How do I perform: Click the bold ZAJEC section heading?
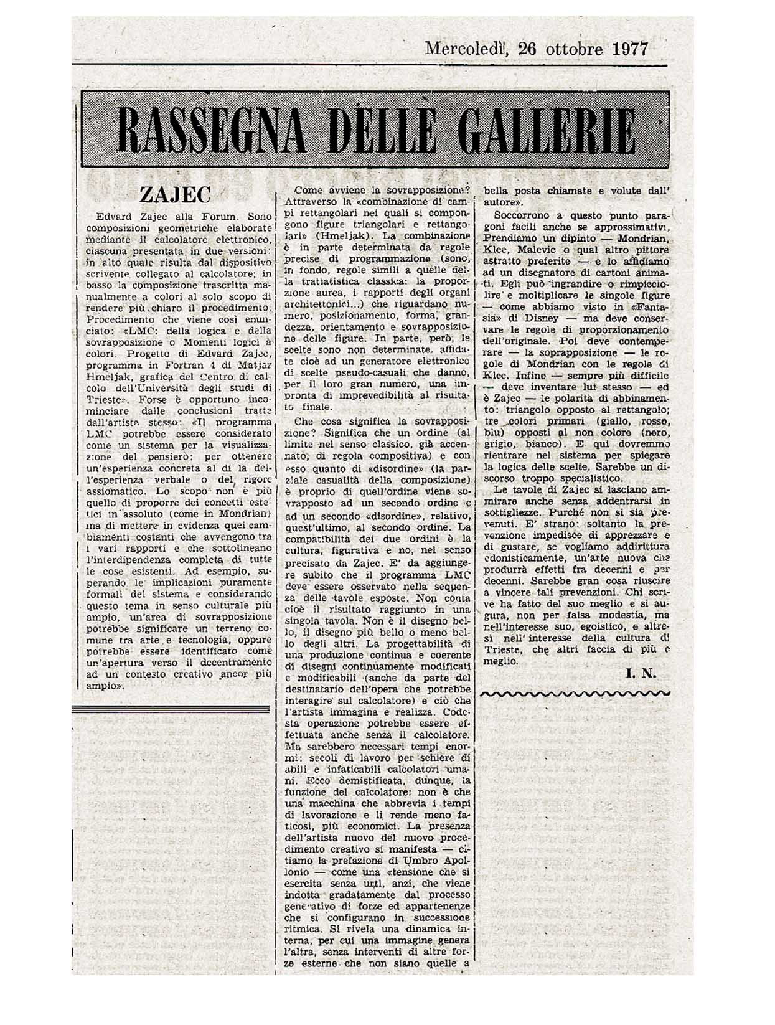click(x=176, y=195)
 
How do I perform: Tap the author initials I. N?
click(x=641, y=673)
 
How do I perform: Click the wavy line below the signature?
click(x=575, y=692)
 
